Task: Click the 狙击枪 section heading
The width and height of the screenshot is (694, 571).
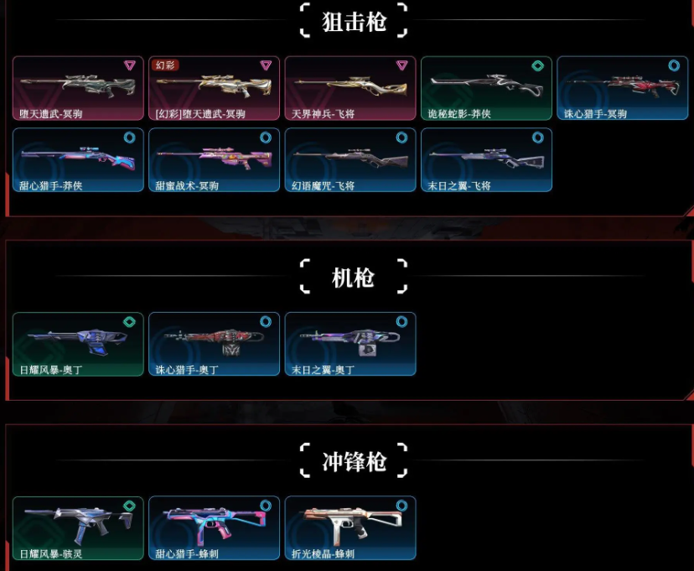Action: coord(354,22)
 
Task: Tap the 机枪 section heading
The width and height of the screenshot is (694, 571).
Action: coord(354,278)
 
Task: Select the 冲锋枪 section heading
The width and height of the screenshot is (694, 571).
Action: coord(354,461)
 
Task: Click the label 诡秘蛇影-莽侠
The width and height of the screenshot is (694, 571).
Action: coord(460,114)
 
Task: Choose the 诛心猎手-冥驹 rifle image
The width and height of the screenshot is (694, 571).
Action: coord(622,85)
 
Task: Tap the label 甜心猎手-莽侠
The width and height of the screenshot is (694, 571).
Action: coord(51,185)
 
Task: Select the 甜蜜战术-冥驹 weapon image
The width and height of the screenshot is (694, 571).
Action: coord(215,157)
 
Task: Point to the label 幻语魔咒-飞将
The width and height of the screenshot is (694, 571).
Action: coord(323,185)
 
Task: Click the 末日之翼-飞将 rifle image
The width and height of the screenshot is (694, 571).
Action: coord(486,157)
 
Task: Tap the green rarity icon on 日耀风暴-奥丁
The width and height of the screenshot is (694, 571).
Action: coord(129,321)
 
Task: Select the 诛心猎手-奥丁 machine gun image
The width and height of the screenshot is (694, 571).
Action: coord(215,340)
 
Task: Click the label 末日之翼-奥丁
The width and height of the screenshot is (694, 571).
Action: coord(323,370)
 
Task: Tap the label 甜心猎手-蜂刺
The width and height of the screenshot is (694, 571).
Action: coord(187,553)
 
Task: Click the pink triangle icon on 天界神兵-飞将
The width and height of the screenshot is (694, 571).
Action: coord(401,65)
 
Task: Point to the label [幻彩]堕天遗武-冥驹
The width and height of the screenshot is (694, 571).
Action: coord(200,114)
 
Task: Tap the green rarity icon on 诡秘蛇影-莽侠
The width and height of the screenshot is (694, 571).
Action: coord(537,65)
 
